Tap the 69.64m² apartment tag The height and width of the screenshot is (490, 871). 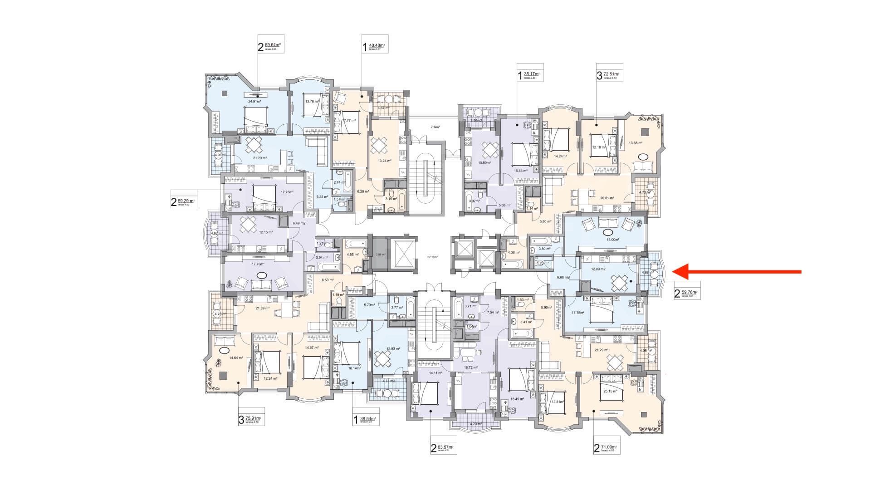(271, 46)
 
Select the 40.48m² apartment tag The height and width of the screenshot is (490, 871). (375, 46)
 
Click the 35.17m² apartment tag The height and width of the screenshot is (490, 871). (529, 74)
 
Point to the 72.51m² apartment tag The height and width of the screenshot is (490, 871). (609, 74)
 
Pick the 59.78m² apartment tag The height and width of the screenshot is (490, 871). (687, 293)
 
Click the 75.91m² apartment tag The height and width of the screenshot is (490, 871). (251, 419)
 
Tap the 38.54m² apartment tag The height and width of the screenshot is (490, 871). (366, 419)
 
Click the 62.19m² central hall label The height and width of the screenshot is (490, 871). (432, 257)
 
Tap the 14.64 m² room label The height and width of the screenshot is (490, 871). (236, 358)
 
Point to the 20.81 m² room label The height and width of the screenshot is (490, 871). (607, 198)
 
